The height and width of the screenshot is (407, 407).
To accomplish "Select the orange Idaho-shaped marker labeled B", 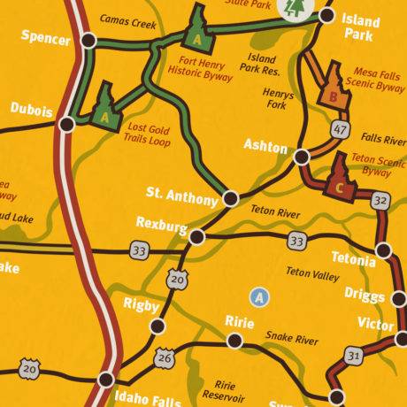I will coord(334,85).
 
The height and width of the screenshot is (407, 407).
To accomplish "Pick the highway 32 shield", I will coord(380,203).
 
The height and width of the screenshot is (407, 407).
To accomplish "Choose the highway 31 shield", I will coord(355,355).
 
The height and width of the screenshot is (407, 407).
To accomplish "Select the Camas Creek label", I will coord(128,19).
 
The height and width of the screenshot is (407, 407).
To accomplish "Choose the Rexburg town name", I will coord(162,226).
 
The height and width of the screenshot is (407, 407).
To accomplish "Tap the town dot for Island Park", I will coord(326,15).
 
